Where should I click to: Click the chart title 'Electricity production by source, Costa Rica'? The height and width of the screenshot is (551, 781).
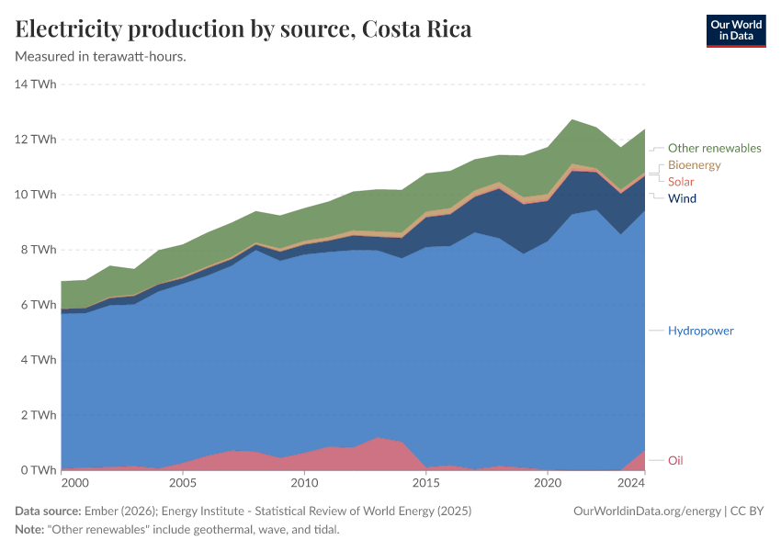tap(243, 29)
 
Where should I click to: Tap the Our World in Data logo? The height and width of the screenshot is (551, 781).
tap(735, 30)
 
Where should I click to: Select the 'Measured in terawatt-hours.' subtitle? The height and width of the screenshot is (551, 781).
tap(101, 56)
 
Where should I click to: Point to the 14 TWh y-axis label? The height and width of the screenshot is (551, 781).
tap(36, 84)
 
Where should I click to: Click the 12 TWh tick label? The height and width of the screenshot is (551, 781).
tap(36, 140)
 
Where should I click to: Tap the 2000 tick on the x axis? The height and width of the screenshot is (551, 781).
tap(74, 482)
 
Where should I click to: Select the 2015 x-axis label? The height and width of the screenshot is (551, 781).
tap(425, 482)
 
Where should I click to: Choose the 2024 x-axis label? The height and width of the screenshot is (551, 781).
tap(631, 482)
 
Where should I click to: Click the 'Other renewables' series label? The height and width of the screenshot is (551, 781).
tap(714, 148)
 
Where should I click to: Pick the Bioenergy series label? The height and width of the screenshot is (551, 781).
tap(694, 165)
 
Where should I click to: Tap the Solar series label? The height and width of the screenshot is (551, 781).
tap(681, 182)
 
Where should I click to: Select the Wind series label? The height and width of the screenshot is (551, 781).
tap(682, 198)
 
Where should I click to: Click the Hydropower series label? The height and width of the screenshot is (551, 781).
tap(700, 331)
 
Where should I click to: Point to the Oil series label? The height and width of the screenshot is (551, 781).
tap(674, 460)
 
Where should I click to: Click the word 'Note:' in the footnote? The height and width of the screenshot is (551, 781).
tap(32, 530)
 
